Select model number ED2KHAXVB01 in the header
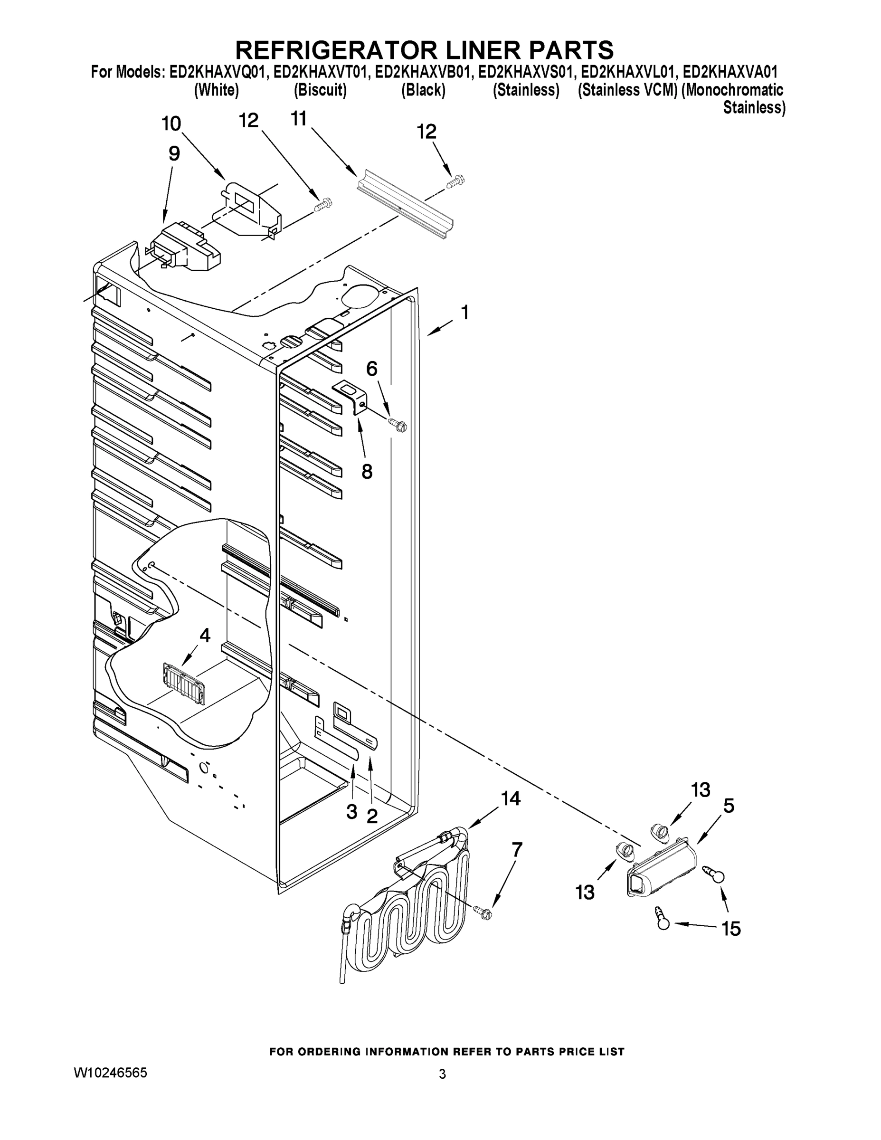click(423, 72)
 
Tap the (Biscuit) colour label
click(320, 90)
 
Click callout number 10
click(171, 123)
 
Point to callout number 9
click(174, 153)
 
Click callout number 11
click(299, 119)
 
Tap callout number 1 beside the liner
click(464, 313)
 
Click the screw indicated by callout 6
click(398, 425)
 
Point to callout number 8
click(367, 472)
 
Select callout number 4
click(205, 635)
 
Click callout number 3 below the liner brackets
click(352, 812)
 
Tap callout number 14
click(511, 798)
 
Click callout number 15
click(731, 929)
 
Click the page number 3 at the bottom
click(442, 1074)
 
